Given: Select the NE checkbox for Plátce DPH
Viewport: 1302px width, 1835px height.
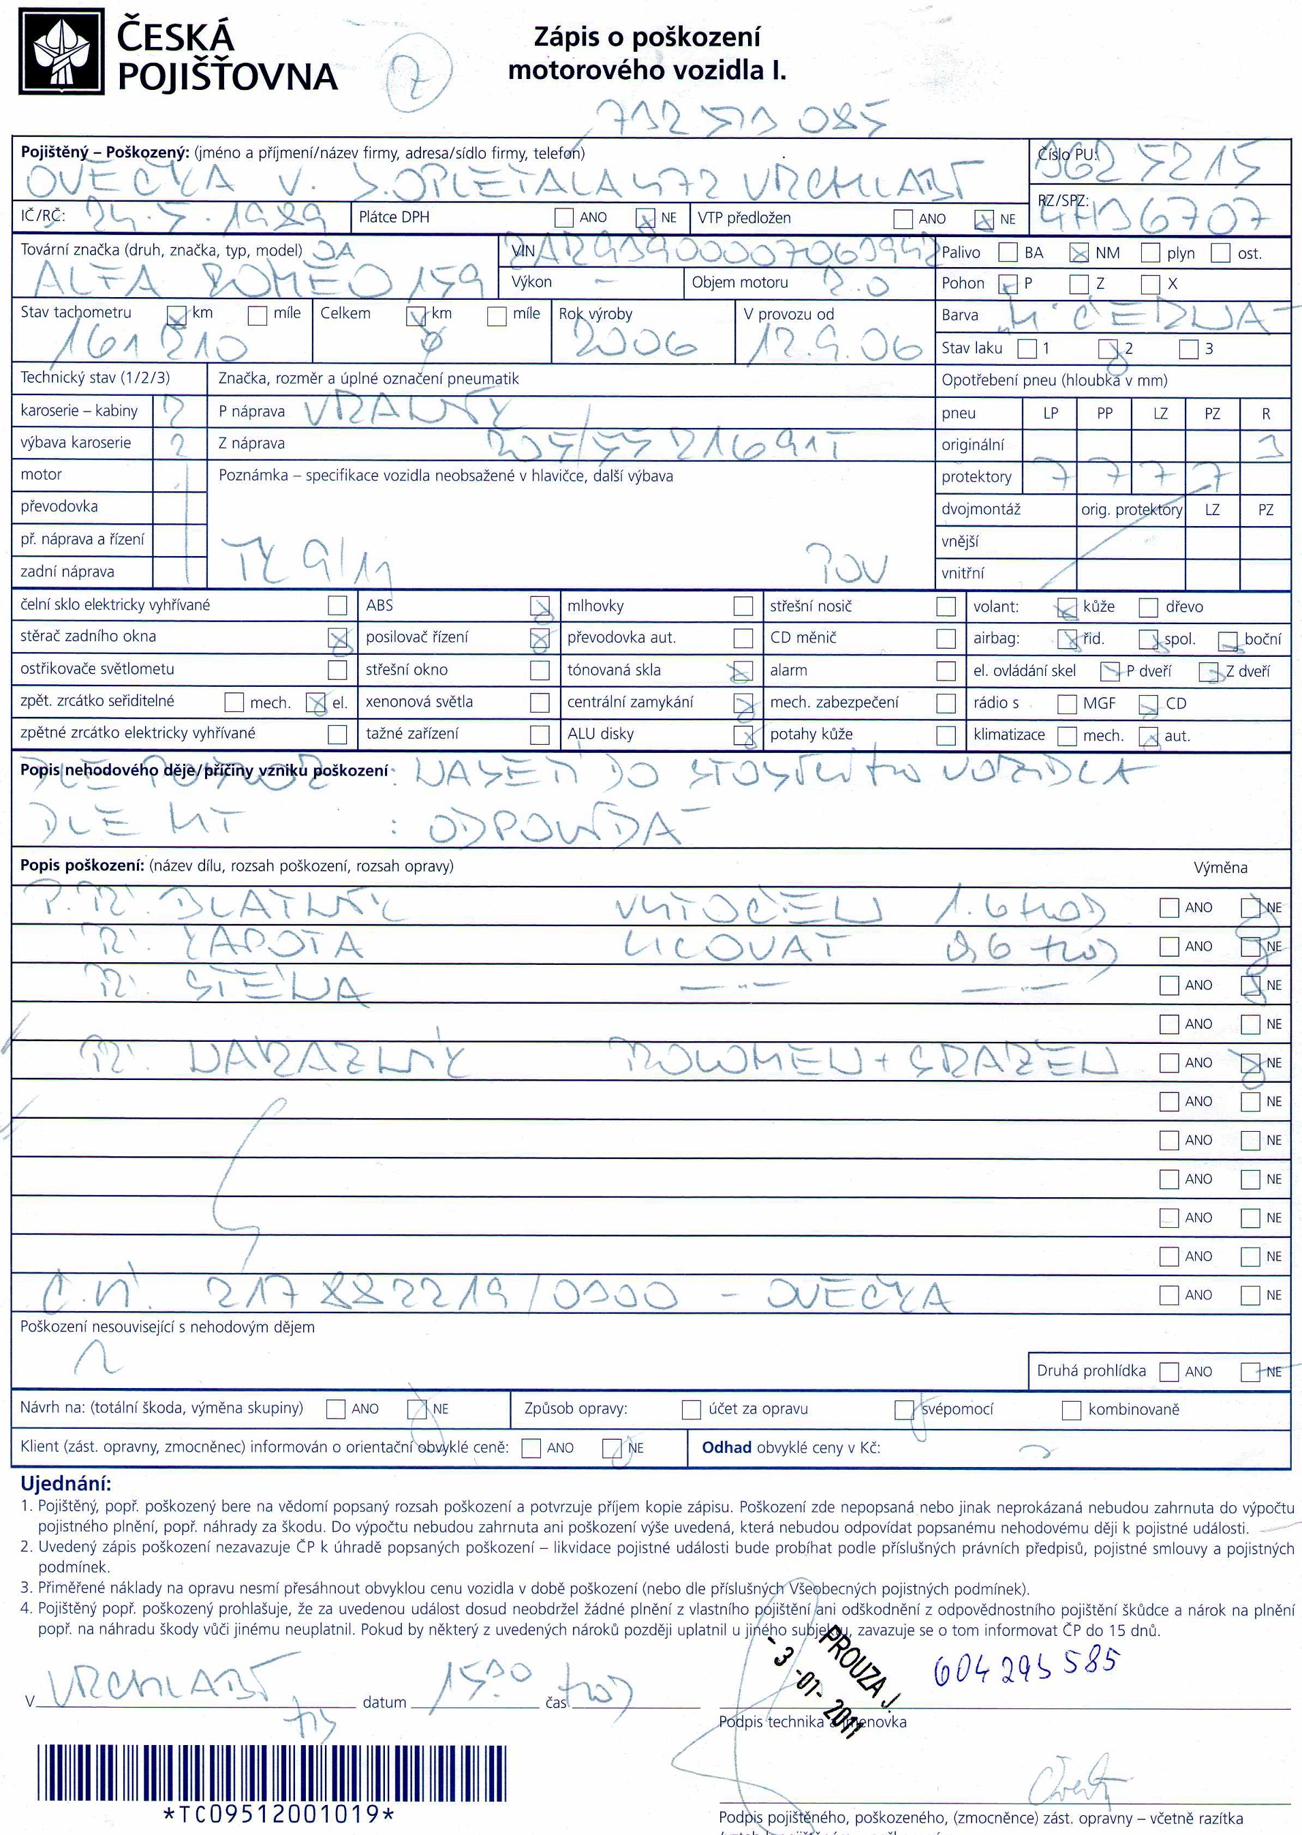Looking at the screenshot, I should coord(645,217).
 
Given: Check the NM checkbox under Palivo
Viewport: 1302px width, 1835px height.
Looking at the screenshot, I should coord(1079,253).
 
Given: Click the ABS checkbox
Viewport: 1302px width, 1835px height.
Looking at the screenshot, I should coord(540,606).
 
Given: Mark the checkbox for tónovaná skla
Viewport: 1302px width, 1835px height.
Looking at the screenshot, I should coord(743,670).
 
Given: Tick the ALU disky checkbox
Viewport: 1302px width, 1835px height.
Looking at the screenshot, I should coord(743,735).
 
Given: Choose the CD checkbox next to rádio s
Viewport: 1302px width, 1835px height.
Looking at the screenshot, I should coord(1149,704).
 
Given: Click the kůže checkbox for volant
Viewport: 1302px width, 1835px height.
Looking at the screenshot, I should coord(1067,608).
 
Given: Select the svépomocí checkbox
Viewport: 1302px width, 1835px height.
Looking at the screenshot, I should coord(904,1409).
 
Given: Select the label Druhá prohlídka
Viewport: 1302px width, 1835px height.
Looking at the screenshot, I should coord(1091,1371).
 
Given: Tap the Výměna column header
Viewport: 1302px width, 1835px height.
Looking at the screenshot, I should coord(1220,868).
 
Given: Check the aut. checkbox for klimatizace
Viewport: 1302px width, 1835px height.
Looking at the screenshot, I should coord(1149,736).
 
